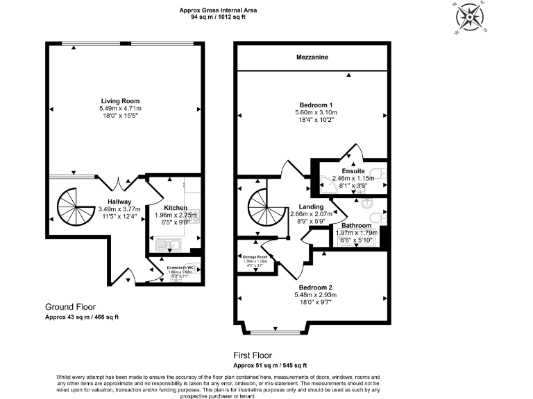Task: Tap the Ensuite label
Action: (353, 171)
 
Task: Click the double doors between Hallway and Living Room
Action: (119, 184)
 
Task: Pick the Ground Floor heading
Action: (70, 306)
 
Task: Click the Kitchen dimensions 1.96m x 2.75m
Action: (175, 215)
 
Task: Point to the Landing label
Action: (311, 206)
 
